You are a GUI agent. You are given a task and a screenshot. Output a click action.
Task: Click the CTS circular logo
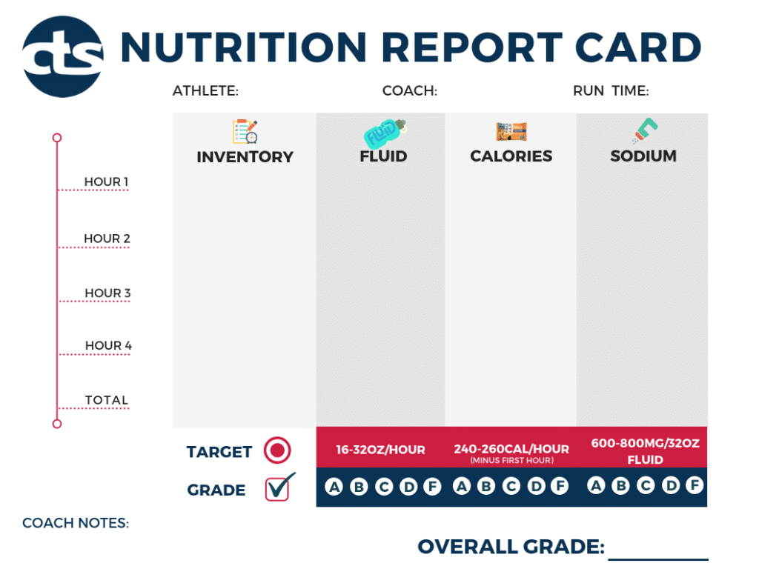click(62, 57)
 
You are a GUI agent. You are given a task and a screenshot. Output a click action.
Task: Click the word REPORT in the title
click(455, 47)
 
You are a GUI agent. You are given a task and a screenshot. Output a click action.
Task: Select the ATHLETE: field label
click(205, 91)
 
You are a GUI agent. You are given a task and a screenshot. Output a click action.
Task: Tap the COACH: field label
click(409, 91)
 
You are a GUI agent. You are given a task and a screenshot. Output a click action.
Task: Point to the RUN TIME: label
click(611, 91)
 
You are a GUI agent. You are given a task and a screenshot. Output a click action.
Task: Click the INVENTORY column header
click(245, 157)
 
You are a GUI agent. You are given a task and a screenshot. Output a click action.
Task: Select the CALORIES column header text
click(511, 156)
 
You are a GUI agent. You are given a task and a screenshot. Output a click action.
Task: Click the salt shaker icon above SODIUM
click(643, 130)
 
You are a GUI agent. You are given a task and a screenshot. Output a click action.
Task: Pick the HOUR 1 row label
click(106, 182)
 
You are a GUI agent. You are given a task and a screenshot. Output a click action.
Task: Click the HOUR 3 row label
click(107, 293)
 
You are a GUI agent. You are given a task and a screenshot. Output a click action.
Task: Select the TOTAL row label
click(107, 400)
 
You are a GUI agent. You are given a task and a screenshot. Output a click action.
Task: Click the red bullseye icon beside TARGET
click(277, 450)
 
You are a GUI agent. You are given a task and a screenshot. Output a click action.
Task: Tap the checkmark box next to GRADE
click(279, 487)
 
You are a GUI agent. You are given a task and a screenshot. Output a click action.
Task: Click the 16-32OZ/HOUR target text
click(380, 450)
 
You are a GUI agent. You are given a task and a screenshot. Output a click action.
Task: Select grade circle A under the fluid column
click(334, 487)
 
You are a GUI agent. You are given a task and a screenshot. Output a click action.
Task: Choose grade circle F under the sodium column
click(694, 486)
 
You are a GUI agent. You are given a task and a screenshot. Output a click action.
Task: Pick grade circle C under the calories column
click(511, 487)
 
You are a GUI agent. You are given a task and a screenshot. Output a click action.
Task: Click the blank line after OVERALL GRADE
click(658, 552)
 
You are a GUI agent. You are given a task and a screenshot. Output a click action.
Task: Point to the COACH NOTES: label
click(76, 523)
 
